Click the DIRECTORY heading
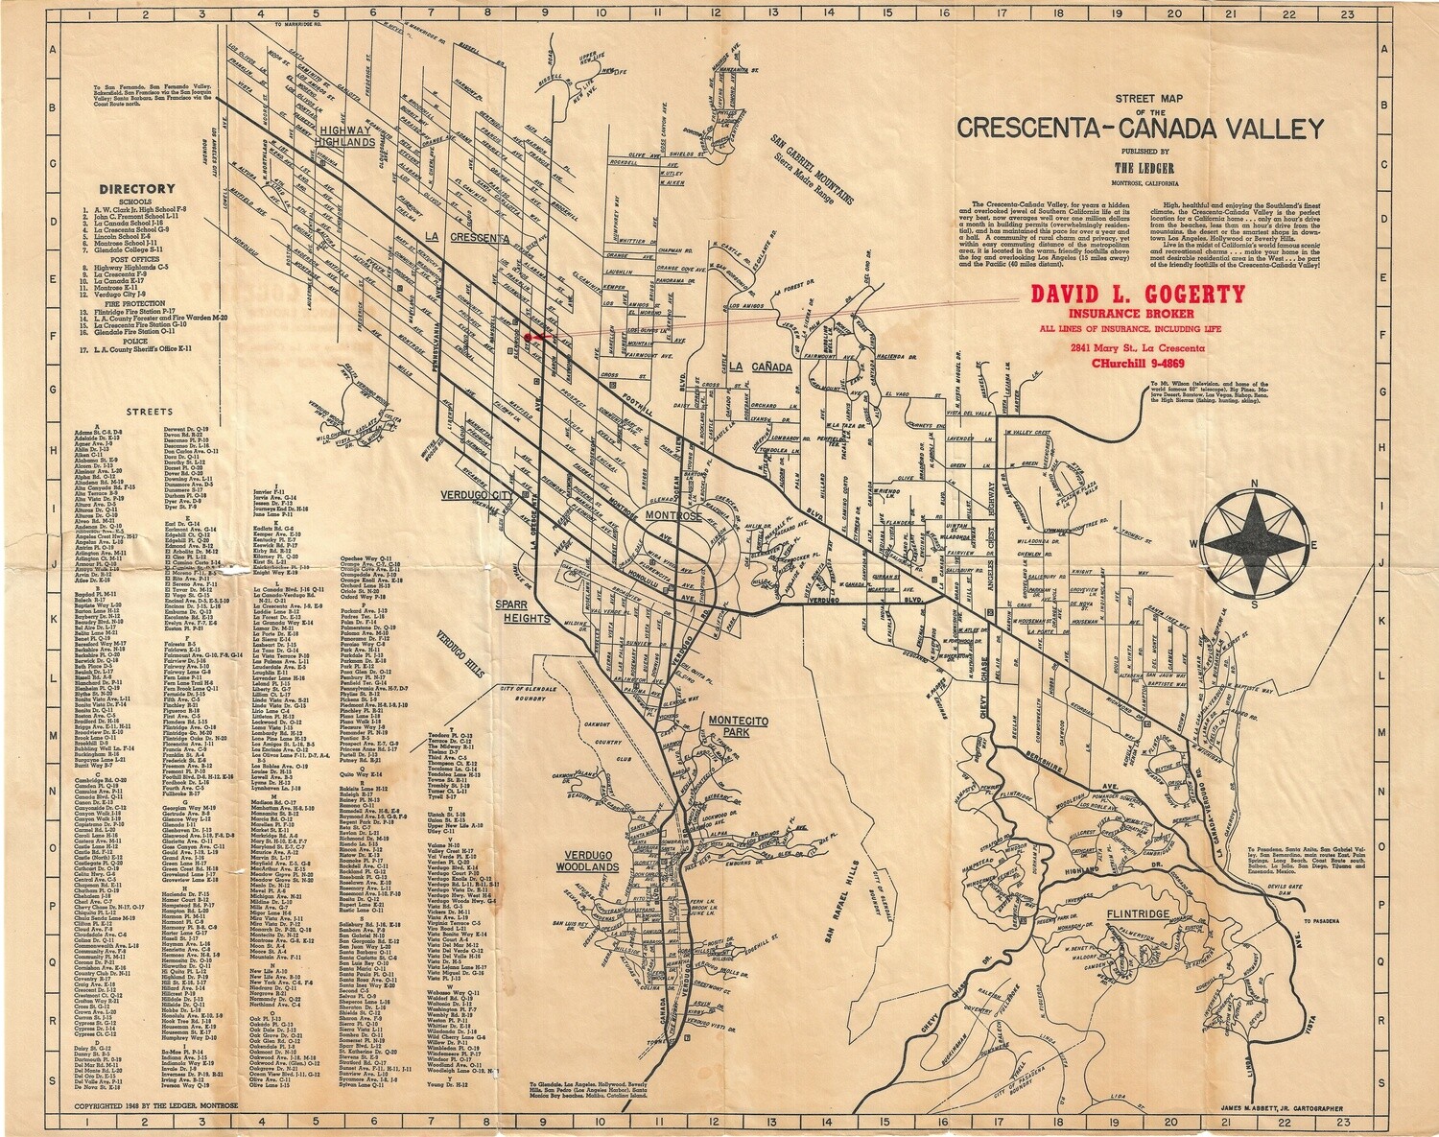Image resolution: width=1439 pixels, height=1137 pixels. click(135, 189)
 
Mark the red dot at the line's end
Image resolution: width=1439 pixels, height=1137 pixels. click(531, 337)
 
